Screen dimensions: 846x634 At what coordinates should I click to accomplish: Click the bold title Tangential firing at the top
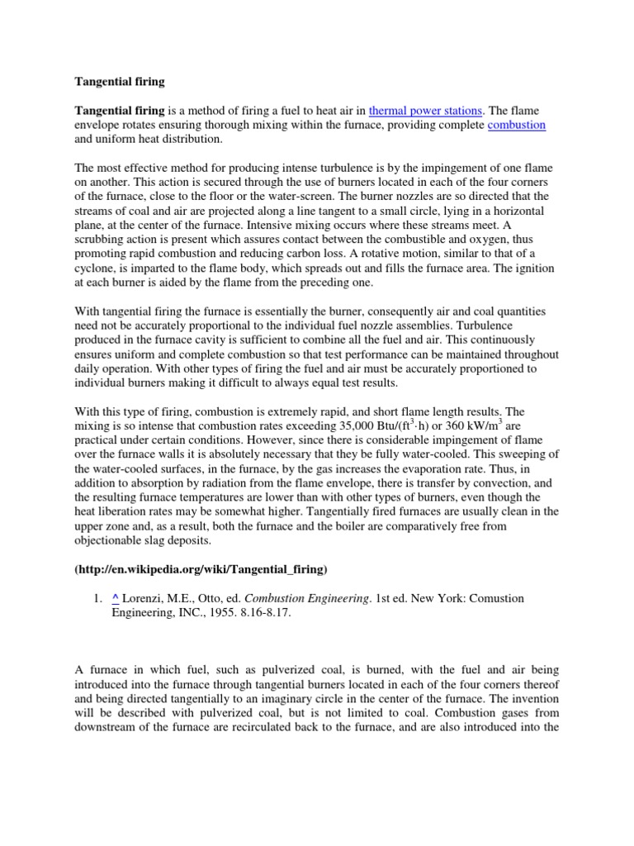(121, 82)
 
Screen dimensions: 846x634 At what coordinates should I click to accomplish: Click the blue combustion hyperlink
(517, 125)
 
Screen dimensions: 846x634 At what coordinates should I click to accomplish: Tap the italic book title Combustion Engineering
(306, 598)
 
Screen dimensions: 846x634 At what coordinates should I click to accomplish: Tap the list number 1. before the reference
(97, 598)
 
